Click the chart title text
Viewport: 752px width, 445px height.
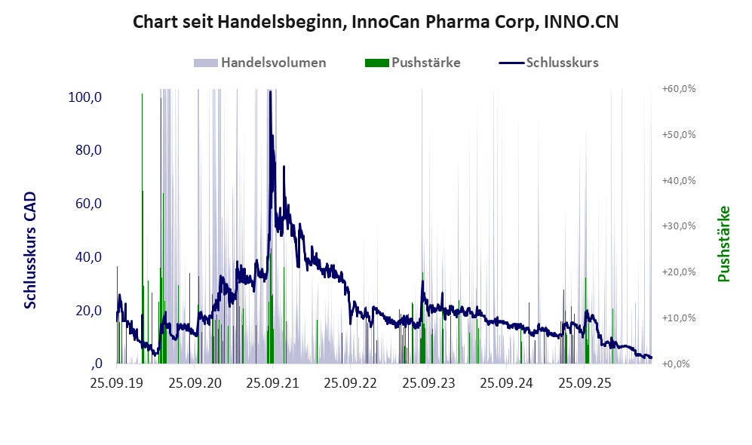(376, 22)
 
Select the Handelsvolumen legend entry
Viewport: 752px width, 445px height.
(260, 63)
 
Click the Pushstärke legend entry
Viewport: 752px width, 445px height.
(413, 63)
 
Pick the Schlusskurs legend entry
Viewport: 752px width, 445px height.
(548, 63)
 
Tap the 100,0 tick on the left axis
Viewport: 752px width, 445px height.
(85, 97)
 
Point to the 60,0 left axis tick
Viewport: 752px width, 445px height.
(88, 204)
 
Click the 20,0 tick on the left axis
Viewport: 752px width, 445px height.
(88, 311)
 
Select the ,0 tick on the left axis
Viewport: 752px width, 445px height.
(97, 364)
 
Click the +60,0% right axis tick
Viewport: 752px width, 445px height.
(679, 89)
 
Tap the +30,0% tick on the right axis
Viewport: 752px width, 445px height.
(679, 226)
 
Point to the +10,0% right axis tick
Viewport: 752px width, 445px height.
(679, 318)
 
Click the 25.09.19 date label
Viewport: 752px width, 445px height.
(117, 383)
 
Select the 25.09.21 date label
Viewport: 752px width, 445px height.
(272, 383)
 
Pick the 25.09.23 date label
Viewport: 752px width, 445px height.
(428, 383)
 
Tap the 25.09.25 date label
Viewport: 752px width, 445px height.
(584, 383)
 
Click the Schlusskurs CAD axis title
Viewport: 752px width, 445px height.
(30, 250)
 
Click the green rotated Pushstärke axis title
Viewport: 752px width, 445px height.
(723, 244)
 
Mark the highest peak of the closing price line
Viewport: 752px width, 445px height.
(270, 91)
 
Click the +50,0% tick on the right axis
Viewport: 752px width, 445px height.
(679, 134)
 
